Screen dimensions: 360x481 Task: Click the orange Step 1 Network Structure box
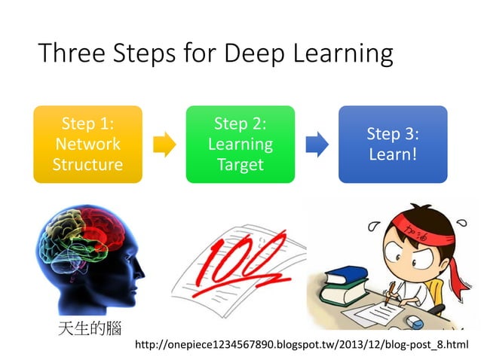tap(87, 144)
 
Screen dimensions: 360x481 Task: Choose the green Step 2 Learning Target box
tap(240, 144)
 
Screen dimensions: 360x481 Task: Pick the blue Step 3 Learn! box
tap(392, 144)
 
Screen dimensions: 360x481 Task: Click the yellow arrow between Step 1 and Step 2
tap(164, 144)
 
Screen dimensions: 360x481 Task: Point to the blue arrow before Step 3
tap(316, 144)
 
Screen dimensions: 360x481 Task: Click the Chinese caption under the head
tap(89, 328)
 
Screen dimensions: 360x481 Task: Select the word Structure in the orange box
tap(87, 164)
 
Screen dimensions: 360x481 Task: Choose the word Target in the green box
tap(240, 164)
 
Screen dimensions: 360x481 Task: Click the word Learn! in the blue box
tap(392, 154)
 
